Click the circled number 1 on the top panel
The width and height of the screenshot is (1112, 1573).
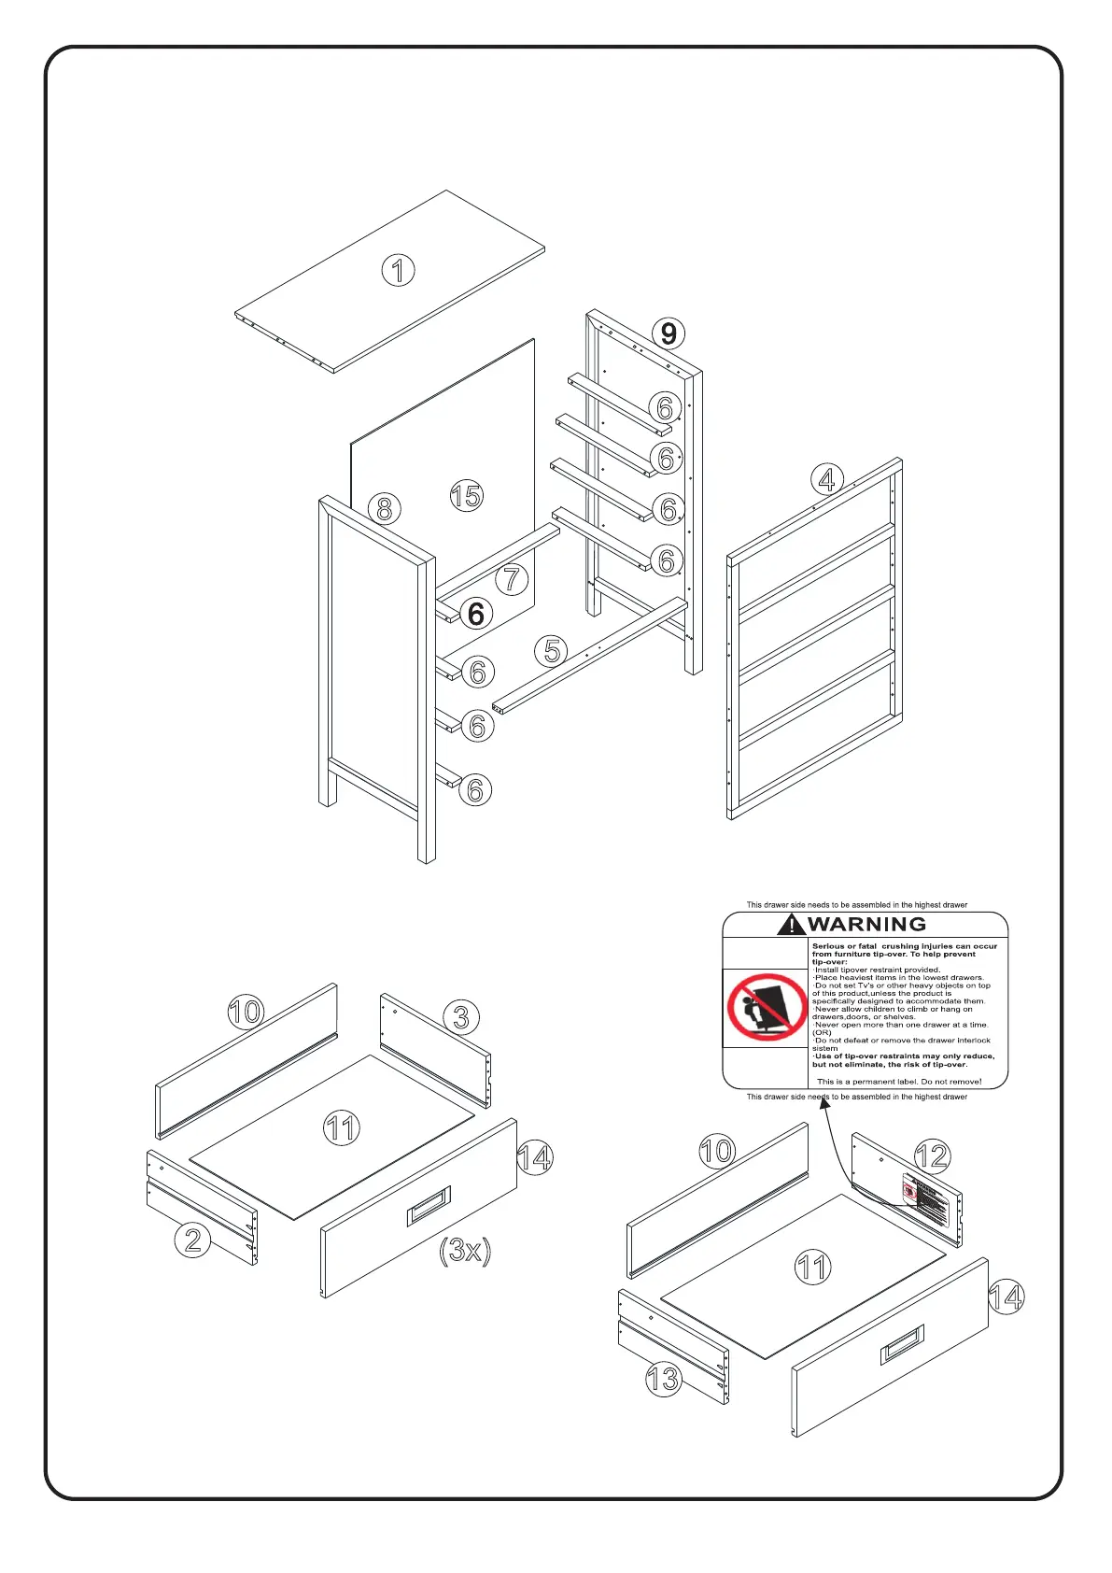(398, 271)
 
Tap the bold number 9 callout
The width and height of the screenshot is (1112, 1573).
(669, 333)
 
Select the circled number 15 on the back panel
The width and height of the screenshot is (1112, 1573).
(467, 495)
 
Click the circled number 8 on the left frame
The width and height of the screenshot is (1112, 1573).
(384, 509)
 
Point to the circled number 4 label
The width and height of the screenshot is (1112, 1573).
(826, 480)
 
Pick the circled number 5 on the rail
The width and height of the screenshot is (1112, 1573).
(553, 650)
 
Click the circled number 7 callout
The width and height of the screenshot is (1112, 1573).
(511, 579)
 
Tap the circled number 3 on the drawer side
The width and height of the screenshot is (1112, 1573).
(461, 1017)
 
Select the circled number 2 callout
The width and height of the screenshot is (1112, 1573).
(192, 1240)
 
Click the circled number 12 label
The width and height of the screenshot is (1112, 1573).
(932, 1156)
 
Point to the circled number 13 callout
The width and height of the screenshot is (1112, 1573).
(663, 1379)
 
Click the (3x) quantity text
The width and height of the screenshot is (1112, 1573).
(465, 1250)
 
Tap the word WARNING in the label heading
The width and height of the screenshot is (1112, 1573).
(866, 925)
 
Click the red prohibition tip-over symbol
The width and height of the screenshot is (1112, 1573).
(767, 1007)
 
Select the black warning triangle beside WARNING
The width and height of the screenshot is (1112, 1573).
(791, 925)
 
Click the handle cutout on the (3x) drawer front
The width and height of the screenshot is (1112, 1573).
(429, 1207)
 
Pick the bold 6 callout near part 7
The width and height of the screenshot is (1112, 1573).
(476, 614)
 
